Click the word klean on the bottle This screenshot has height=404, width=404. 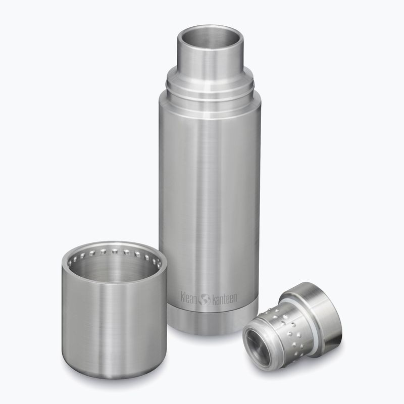point(189,297)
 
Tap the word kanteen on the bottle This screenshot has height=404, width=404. point(224,299)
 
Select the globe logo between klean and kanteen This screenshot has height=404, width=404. point(205,299)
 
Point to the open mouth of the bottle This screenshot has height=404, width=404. point(210,37)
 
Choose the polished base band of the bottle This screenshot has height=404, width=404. point(212,320)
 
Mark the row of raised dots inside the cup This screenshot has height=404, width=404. point(115,254)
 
